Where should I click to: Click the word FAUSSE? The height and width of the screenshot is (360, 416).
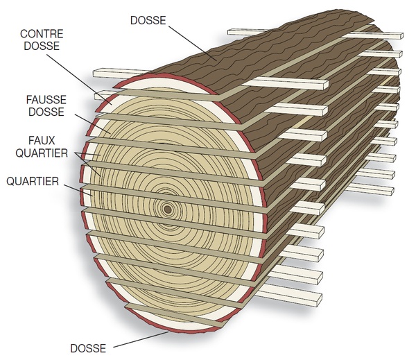click(41, 100)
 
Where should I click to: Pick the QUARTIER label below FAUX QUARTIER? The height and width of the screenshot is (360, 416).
click(33, 181)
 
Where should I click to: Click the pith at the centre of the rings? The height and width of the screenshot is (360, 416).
click(166, 208)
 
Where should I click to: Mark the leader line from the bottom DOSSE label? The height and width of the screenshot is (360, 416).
click(139, 338)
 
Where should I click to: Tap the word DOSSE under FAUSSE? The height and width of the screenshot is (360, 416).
click(41, 112)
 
